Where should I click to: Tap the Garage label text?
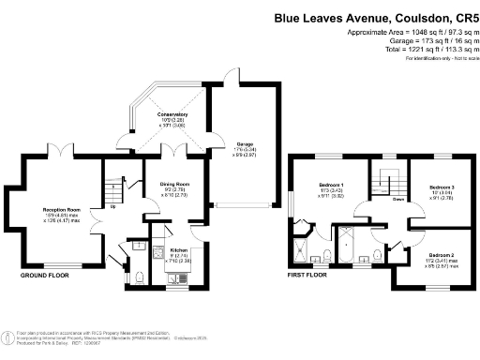click(232, 143)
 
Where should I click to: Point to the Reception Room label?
click(60, 211)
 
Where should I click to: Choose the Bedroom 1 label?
click(331, 184)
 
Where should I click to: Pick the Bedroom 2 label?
click(443, 255)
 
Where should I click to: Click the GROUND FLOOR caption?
click(44, 277)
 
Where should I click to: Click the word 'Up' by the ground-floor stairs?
click(114, 206)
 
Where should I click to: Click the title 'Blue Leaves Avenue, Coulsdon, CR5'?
click(372, 16)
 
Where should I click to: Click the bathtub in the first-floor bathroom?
click(348, 245)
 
